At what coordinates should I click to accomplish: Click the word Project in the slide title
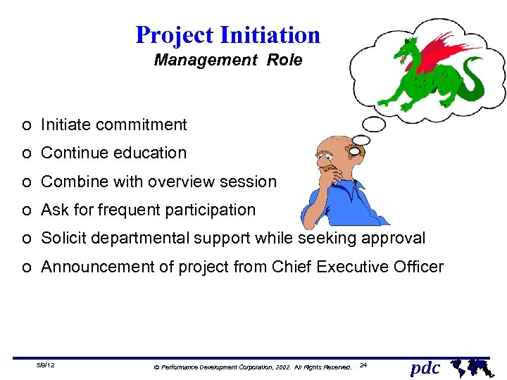click(x=175, y=34)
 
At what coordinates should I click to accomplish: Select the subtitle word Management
click(x=206, y=61)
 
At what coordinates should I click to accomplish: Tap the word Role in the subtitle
click(x=284, y=61)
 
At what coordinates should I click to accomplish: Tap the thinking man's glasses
click(x=350, y=150)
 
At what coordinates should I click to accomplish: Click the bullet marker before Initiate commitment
click(x=25, y=126)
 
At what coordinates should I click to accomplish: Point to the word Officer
click(x=418, y=267)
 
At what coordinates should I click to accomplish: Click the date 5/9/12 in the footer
click(x=46, y=366)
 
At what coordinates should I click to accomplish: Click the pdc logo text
click(x=425, y=367)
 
